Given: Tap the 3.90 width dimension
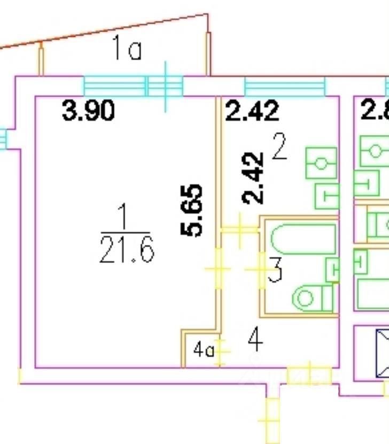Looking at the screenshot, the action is point(89,112).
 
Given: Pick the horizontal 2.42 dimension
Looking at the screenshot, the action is point(252,112).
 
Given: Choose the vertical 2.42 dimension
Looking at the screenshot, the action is point(253,178).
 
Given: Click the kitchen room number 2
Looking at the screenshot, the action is point(279,149).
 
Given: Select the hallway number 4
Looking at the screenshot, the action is point(255,340).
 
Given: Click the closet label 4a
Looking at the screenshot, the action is point(203,352).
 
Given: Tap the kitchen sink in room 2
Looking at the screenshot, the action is point(321,163).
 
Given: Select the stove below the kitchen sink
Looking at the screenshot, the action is point(326,196).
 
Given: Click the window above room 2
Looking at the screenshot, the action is point(285,85).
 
